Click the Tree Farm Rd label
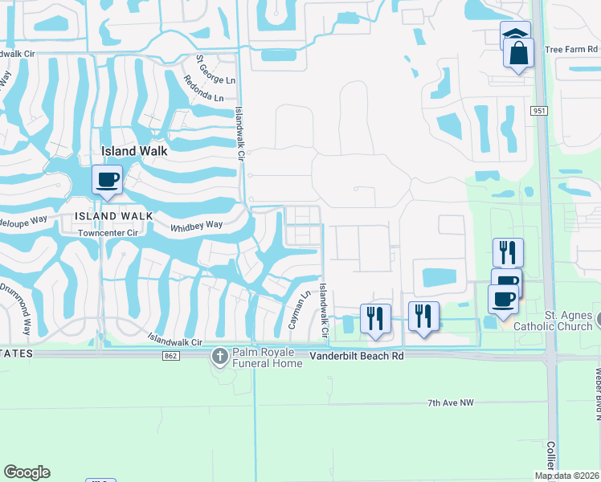click(572, 49)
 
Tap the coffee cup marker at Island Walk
click(107, 179)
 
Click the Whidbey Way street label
click(196, 227)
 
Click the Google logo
click(27, 472)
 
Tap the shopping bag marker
click(518, 54)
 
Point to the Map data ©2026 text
click(567, 476)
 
